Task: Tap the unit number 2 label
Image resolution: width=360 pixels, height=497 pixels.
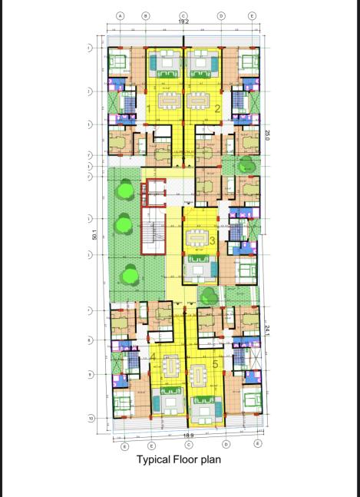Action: click(217, 108)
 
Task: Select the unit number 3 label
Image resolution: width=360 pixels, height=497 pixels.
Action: click(211, 240)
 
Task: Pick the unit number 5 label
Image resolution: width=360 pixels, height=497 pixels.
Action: click(216, 363)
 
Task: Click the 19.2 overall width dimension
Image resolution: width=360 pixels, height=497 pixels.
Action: click(183, 22)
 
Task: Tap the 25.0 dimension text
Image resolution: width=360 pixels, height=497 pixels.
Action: click(267, 135)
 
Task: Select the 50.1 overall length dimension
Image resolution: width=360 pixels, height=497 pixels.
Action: click(94, 235)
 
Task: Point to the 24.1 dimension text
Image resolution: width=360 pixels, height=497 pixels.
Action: click(267, 330)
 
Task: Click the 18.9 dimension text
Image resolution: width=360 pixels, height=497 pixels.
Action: click(187, 436)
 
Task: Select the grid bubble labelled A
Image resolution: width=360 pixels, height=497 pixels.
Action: click(120, 15)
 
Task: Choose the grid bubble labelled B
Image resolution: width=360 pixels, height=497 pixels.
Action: click(145, 15)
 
